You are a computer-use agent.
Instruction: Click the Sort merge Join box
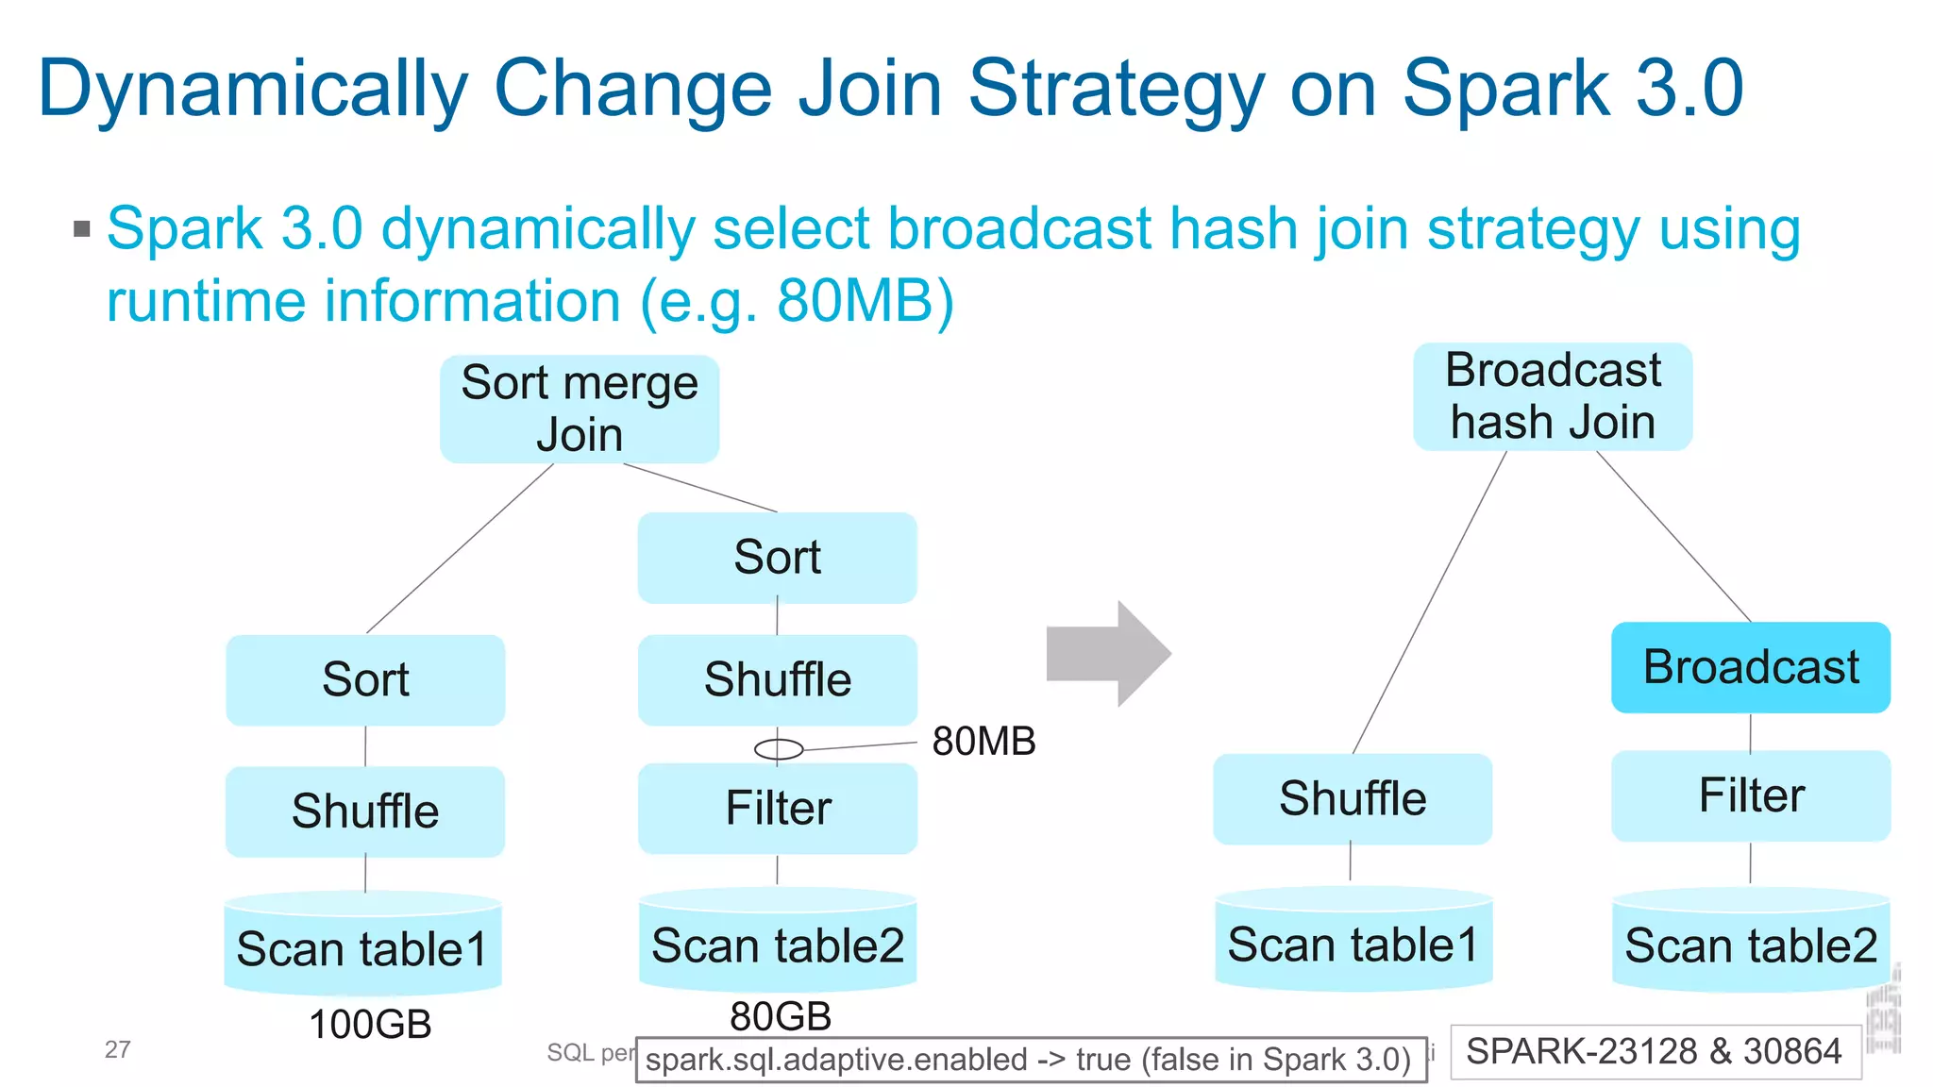point(579,409)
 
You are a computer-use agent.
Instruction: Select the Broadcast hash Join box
point(1552,396)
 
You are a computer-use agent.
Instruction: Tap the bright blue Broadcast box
point(1750,667)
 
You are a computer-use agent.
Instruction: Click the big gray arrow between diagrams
point(1110,653)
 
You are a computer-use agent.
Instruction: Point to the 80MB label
point(983,742)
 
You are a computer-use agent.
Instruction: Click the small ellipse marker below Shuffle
point(779,749)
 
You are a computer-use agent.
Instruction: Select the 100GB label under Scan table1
point(370,1025)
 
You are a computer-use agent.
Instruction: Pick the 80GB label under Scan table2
point(781,1016)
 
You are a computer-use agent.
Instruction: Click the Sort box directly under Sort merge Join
point(777,558)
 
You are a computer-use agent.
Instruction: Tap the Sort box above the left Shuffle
point(365,679)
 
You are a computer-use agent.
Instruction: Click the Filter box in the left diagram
point(777,809)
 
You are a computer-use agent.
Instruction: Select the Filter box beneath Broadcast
point(1750,795)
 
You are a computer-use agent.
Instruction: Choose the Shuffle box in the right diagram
point(1352,798)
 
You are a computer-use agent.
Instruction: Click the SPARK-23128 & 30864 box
point(1655,1051)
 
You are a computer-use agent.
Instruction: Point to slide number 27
point(117,1049)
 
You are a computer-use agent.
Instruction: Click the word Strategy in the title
point(1117,89)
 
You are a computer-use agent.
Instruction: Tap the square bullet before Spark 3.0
point(82,228)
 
